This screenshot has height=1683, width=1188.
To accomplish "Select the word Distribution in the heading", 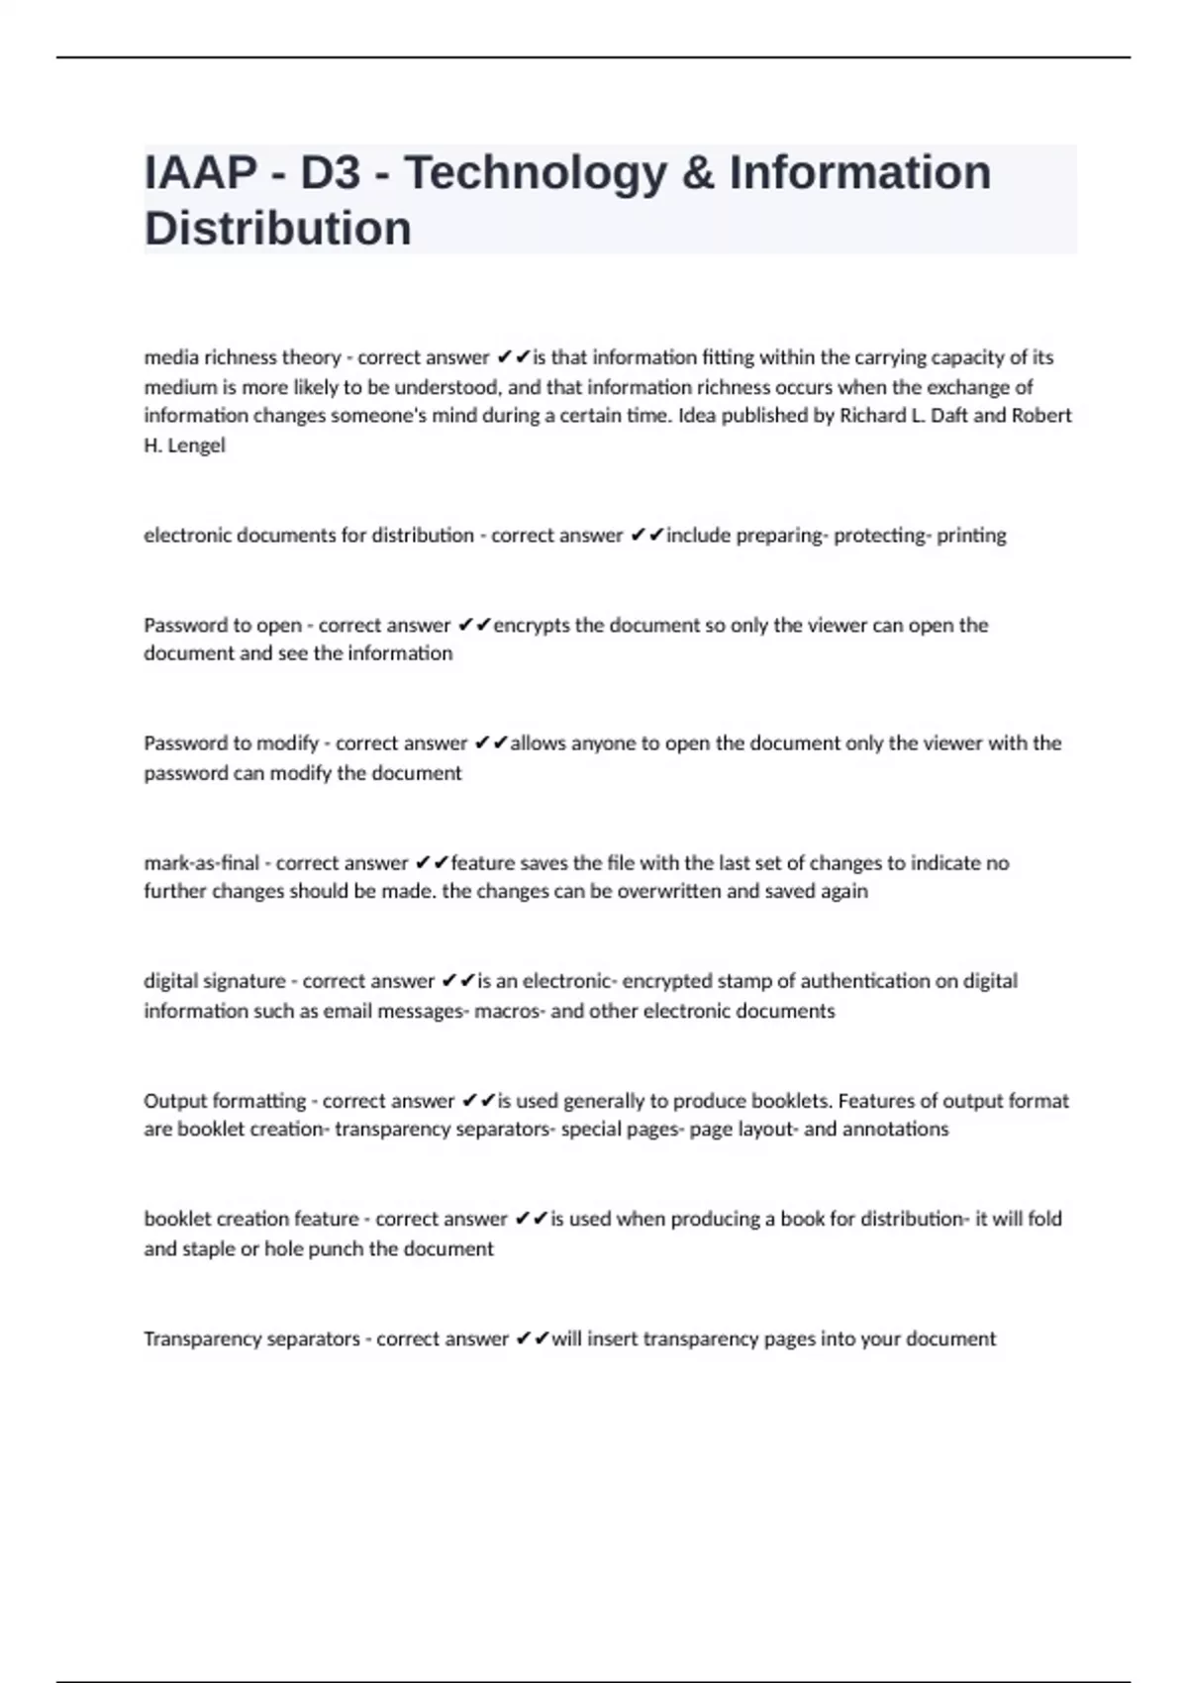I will (x=278, y=229).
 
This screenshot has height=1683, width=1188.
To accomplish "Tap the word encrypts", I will (x=532, y=625).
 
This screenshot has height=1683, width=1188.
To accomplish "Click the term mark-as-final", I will (x=201, y=862).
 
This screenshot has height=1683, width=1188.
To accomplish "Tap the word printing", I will (x=971, y=536).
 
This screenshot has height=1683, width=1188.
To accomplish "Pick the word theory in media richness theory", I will (x=313, y=357).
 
